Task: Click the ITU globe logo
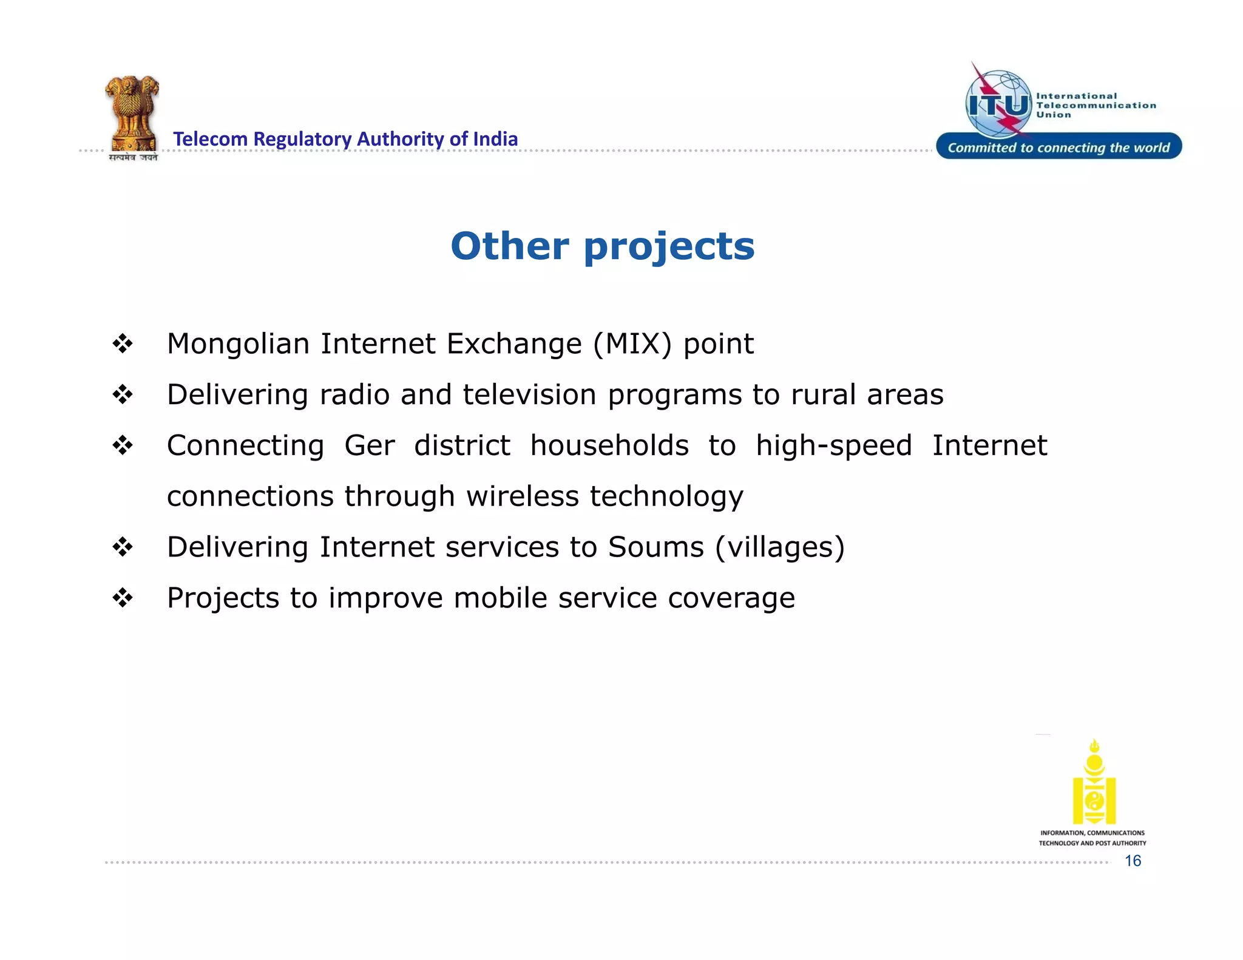pyautogui.click(x=998, y=104)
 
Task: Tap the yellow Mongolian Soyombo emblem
pyautogui.click(x=1094, y=783)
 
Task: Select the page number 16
pyautogui.click(x=1133, y=860)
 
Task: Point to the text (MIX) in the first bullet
pyautogui.click(x=632, y=344)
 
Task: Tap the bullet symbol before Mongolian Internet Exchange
pyautogui.click(x=123, y=344)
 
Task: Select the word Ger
pyautogui.click(x=369, y=446)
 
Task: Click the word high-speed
pyautogui.click(x=834, y=446)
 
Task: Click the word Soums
pyautogui.click(x=655, y=547)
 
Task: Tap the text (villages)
pyautogui.click(x=780, y=548)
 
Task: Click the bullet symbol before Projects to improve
pyautogui.click(x=123, y=598)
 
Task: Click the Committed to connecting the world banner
pyautogui.click(x=1058, y=147)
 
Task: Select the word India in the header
pyautogui.click(x=495, y=139)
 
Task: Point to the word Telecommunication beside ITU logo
pyautogui.click(x=1096, y=106)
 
